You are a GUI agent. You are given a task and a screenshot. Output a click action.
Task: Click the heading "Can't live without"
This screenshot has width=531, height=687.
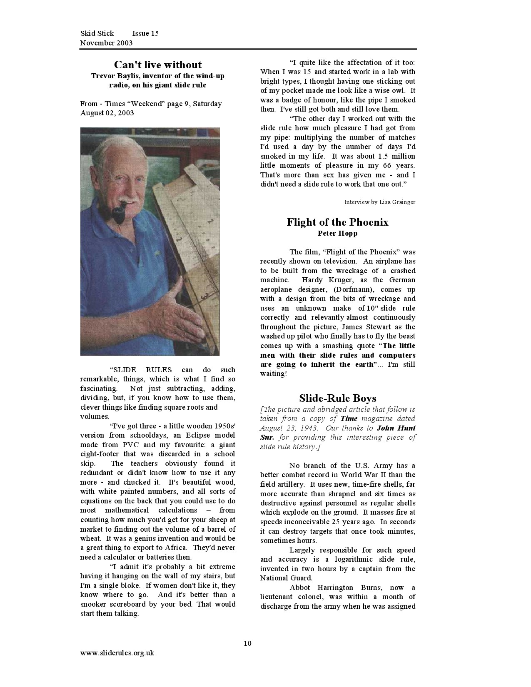pos(158,65)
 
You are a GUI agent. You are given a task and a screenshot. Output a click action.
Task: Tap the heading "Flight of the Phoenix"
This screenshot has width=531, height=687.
pos(337,222)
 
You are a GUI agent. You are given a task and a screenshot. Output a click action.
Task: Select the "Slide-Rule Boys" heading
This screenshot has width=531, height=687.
pos(337,398)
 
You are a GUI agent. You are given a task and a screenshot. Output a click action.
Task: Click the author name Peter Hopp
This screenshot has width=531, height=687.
pos(337,233)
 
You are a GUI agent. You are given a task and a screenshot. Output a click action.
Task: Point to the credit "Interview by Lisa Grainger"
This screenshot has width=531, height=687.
pos(379,202)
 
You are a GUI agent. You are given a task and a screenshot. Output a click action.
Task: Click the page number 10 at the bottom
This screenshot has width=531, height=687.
pos(247,643)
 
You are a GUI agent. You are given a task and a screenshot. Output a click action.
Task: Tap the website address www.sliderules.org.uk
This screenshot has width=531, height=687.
pos(117,653)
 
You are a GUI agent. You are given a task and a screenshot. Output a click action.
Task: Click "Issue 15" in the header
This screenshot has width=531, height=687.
pos(145,33)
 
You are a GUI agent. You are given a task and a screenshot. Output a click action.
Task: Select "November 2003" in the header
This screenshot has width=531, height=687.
pos(106,43)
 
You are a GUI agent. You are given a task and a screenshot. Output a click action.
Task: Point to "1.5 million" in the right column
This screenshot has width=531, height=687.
pos(396,156)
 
